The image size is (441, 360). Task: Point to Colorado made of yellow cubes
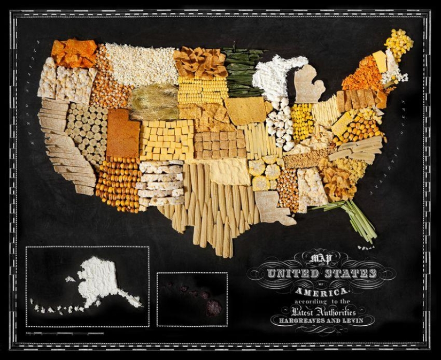tap(166, 140)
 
